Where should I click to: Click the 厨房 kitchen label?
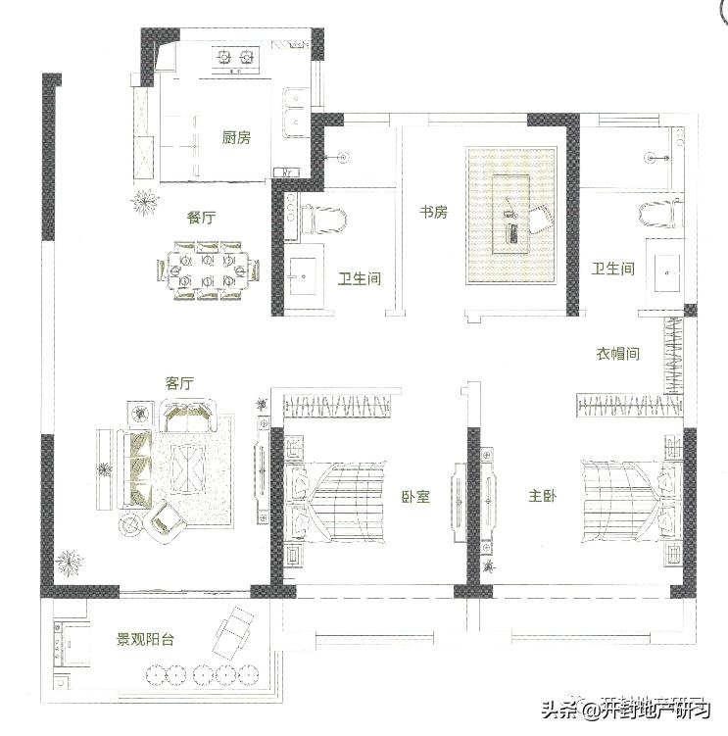tap(236, 138)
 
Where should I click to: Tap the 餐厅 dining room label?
tap(201, 218)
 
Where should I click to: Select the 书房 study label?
tap(433, 212)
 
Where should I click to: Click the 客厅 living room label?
tap(179, 383)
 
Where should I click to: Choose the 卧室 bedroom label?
tap(415, 497)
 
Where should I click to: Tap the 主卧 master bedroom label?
tap(542, 497)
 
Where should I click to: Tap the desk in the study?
tap(511, 216)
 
